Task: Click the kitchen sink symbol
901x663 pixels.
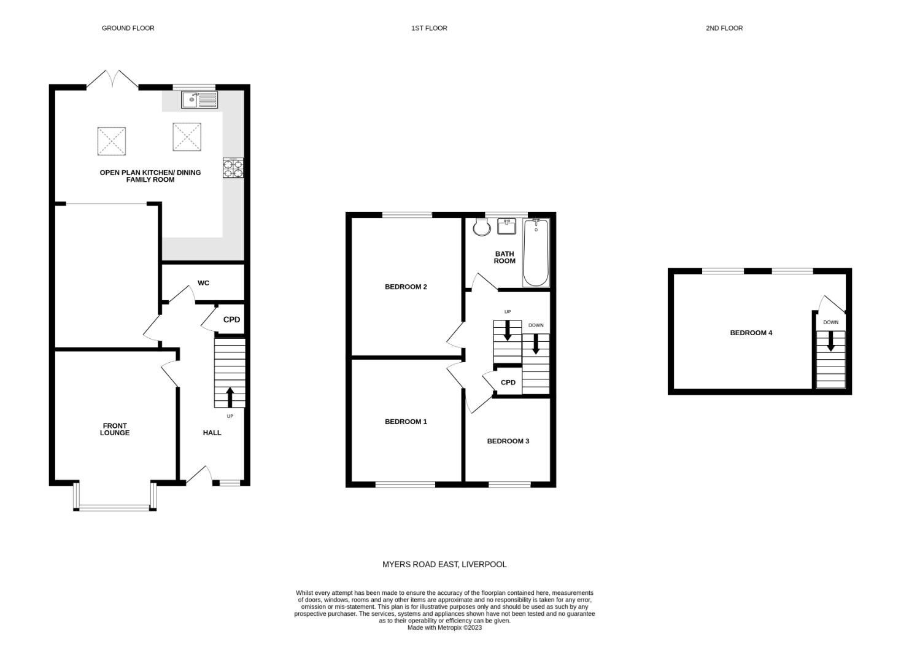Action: coord(199,99)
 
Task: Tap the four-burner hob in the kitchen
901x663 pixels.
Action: coord(233,168)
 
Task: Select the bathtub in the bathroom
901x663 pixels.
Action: coord(536,252)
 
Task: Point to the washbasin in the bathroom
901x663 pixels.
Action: coord(508,226)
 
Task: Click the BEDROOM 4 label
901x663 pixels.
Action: coord(751,333)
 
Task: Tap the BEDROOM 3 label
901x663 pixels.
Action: coord(508,441)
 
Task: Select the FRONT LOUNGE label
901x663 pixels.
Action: coord(115,429)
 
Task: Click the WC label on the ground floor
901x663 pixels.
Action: coord(203,283)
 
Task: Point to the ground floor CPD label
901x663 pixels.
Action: coord(231,320)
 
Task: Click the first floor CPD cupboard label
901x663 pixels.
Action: coord(508,382)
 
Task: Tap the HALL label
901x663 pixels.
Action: coord(212,433)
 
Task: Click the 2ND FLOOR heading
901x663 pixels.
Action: coord(724,28)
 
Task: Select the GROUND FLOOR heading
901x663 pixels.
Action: coord(128,28)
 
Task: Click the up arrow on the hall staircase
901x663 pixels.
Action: coord(230,397)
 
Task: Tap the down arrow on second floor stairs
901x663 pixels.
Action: coord(830,341)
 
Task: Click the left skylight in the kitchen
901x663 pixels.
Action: coord(111,141)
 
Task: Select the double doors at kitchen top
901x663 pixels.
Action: coord(112,80)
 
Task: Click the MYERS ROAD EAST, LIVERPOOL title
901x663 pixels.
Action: coord(444,564)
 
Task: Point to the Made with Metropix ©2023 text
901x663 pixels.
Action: coord(444,627)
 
